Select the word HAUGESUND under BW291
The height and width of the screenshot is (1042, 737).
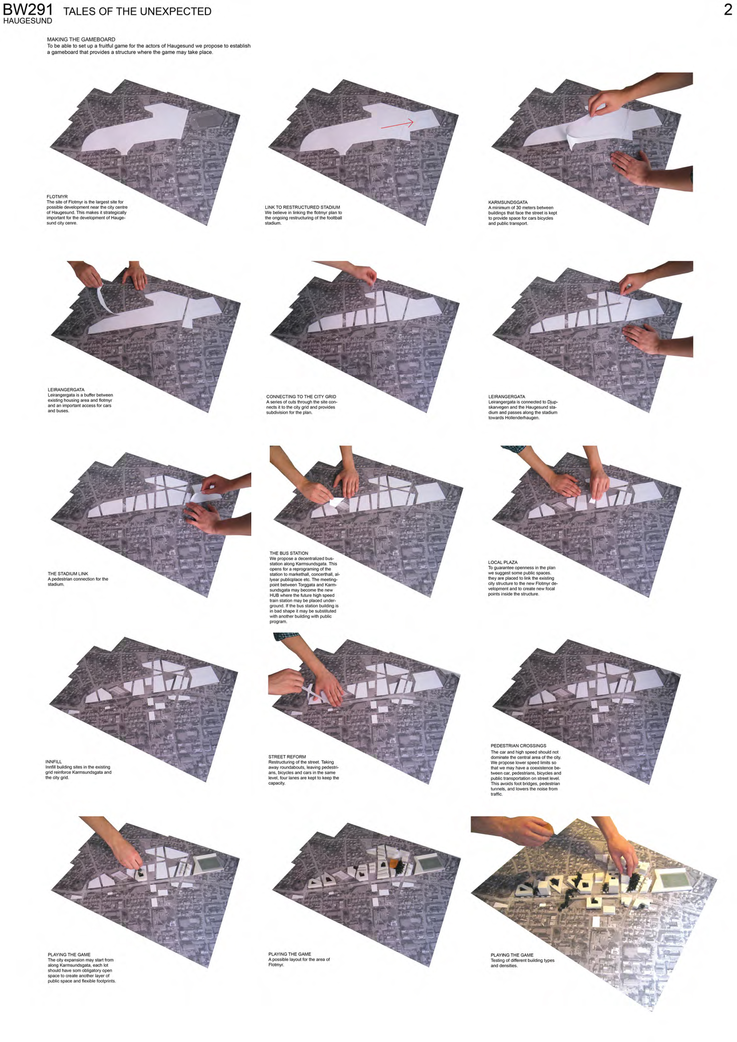[28, 21]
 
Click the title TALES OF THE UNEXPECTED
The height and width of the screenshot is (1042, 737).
[137, 11]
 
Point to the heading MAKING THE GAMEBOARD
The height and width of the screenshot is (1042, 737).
[81, 40]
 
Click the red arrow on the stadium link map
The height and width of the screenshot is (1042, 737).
[397, 124]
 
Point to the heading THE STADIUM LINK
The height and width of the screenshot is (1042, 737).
[68, 574]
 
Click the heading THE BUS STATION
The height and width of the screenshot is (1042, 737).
[289, 553]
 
